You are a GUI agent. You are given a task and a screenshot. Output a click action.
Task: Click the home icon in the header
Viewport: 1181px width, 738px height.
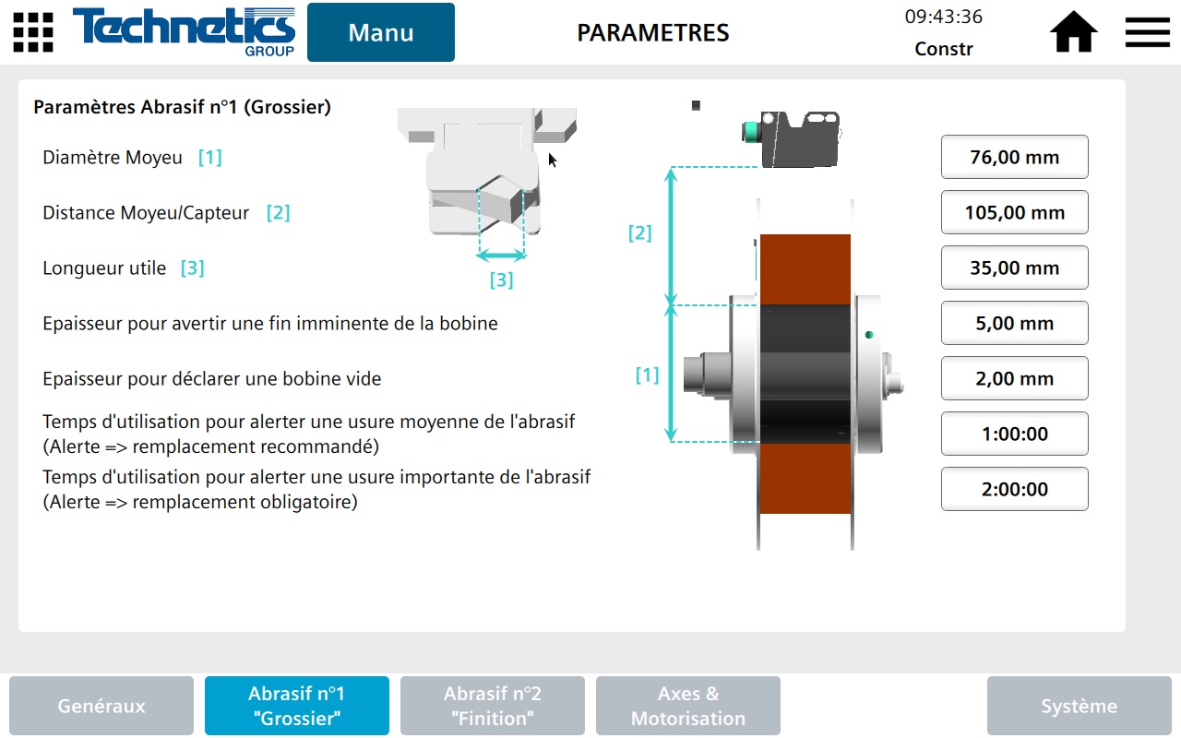[1073, 33]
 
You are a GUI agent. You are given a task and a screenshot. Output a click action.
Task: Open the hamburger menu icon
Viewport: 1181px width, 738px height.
[1147, 33]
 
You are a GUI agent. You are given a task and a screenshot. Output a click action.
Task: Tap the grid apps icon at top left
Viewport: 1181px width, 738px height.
[33, 32]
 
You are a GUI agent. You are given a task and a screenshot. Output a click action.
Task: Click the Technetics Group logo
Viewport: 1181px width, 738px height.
[185, 31]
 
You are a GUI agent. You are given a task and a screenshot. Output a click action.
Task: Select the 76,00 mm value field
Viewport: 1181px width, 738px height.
[1014, 157]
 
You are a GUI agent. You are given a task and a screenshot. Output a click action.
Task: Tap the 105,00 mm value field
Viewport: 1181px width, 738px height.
[1014, 212]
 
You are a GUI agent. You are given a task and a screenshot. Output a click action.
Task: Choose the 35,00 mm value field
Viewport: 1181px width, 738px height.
[1014, 268]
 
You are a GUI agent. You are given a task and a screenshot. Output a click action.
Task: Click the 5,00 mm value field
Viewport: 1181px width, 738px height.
[1014, 323]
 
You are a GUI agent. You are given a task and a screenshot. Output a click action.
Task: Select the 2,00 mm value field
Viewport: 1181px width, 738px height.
[1014, 378]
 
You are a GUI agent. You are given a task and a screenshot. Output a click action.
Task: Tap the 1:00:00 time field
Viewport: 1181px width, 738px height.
[1014, 434]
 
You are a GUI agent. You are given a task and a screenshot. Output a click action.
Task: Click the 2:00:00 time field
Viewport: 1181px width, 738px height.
[1014, 489]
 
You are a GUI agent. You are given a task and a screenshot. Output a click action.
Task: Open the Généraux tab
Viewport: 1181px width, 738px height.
[101, 706]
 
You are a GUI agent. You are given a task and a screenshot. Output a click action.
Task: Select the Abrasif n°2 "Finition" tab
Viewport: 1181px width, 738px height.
[493, 706]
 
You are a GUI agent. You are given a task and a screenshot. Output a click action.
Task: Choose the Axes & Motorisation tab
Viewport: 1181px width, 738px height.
[688, 706]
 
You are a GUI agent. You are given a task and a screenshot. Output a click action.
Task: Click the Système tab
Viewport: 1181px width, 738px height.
[1079, 706]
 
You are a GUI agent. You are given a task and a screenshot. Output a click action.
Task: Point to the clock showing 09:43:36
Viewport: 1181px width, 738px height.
[943, 17]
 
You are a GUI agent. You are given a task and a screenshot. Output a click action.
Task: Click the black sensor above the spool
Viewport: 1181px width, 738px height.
[798, 137]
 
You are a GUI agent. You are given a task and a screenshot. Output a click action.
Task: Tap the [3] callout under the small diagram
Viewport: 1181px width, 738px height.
[501, 280]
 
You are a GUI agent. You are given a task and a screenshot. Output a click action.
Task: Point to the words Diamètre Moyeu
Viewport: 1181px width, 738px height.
[113, 158]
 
